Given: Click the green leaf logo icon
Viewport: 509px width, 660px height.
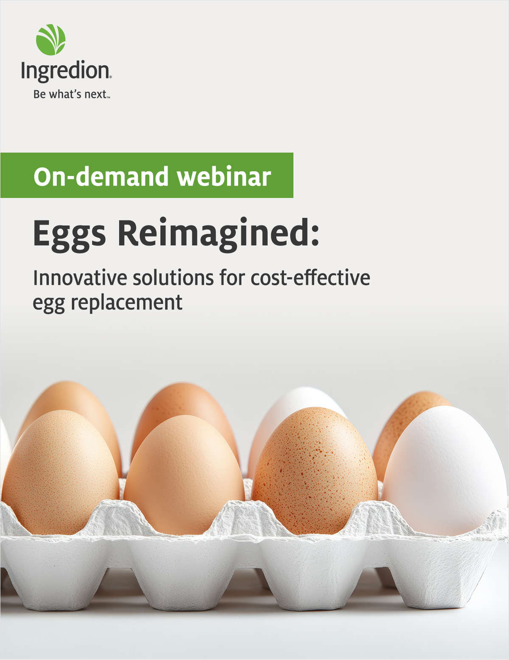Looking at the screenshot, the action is (50, 40).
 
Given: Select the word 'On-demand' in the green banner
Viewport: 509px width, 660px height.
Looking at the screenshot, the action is (101, 176).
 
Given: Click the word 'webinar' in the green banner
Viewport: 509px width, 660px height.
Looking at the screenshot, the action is (224, 176).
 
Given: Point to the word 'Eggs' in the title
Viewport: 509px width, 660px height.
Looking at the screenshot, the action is (70, 235).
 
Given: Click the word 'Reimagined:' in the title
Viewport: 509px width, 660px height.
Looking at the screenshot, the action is (218, 235).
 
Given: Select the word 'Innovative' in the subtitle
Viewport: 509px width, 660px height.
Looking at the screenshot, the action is (80, 278).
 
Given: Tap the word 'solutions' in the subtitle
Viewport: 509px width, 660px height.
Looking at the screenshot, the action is (173, 278).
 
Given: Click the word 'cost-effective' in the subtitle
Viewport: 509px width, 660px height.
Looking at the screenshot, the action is (310, 278).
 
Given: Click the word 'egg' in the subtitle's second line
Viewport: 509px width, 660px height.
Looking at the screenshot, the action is (48, 304).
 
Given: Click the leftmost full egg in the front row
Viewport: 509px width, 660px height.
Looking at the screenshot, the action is (60, 472).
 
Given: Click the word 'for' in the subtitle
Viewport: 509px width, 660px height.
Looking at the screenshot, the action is (232, 278).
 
